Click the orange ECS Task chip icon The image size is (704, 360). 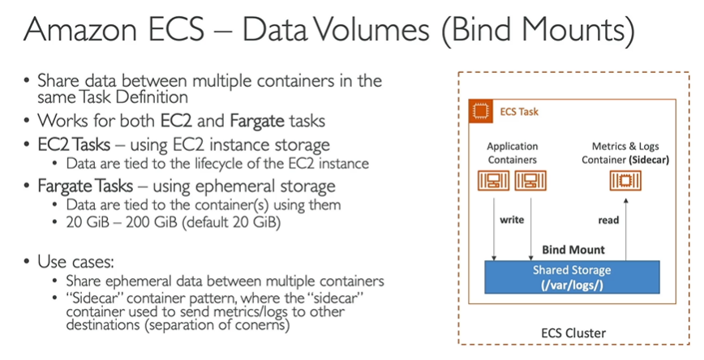481,110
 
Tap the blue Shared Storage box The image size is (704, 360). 572,276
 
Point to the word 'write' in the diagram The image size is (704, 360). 512,220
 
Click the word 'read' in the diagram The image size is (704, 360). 607,220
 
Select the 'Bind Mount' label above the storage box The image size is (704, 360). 573,250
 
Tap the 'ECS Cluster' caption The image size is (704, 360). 573,332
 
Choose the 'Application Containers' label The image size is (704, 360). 512,153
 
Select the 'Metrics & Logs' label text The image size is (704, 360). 625,147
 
